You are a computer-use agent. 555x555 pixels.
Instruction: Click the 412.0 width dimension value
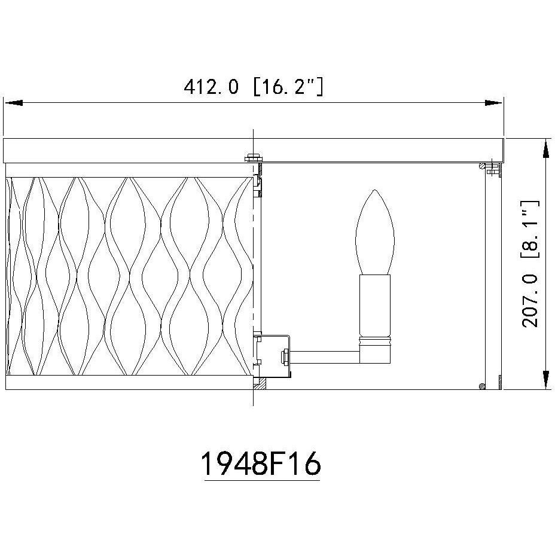click(211, 87)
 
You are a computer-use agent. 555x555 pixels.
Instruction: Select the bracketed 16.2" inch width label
click(288, 87)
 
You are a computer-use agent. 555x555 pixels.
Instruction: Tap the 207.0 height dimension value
click(530, 300)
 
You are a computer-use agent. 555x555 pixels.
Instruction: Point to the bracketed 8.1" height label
click(530, 230)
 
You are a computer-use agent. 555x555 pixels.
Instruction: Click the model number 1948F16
click(261, 463)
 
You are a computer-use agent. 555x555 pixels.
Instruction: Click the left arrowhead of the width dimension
click(13, 103)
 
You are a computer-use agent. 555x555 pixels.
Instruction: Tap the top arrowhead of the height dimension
click(546, 149)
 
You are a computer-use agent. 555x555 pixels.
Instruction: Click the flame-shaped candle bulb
click(374, 232)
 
